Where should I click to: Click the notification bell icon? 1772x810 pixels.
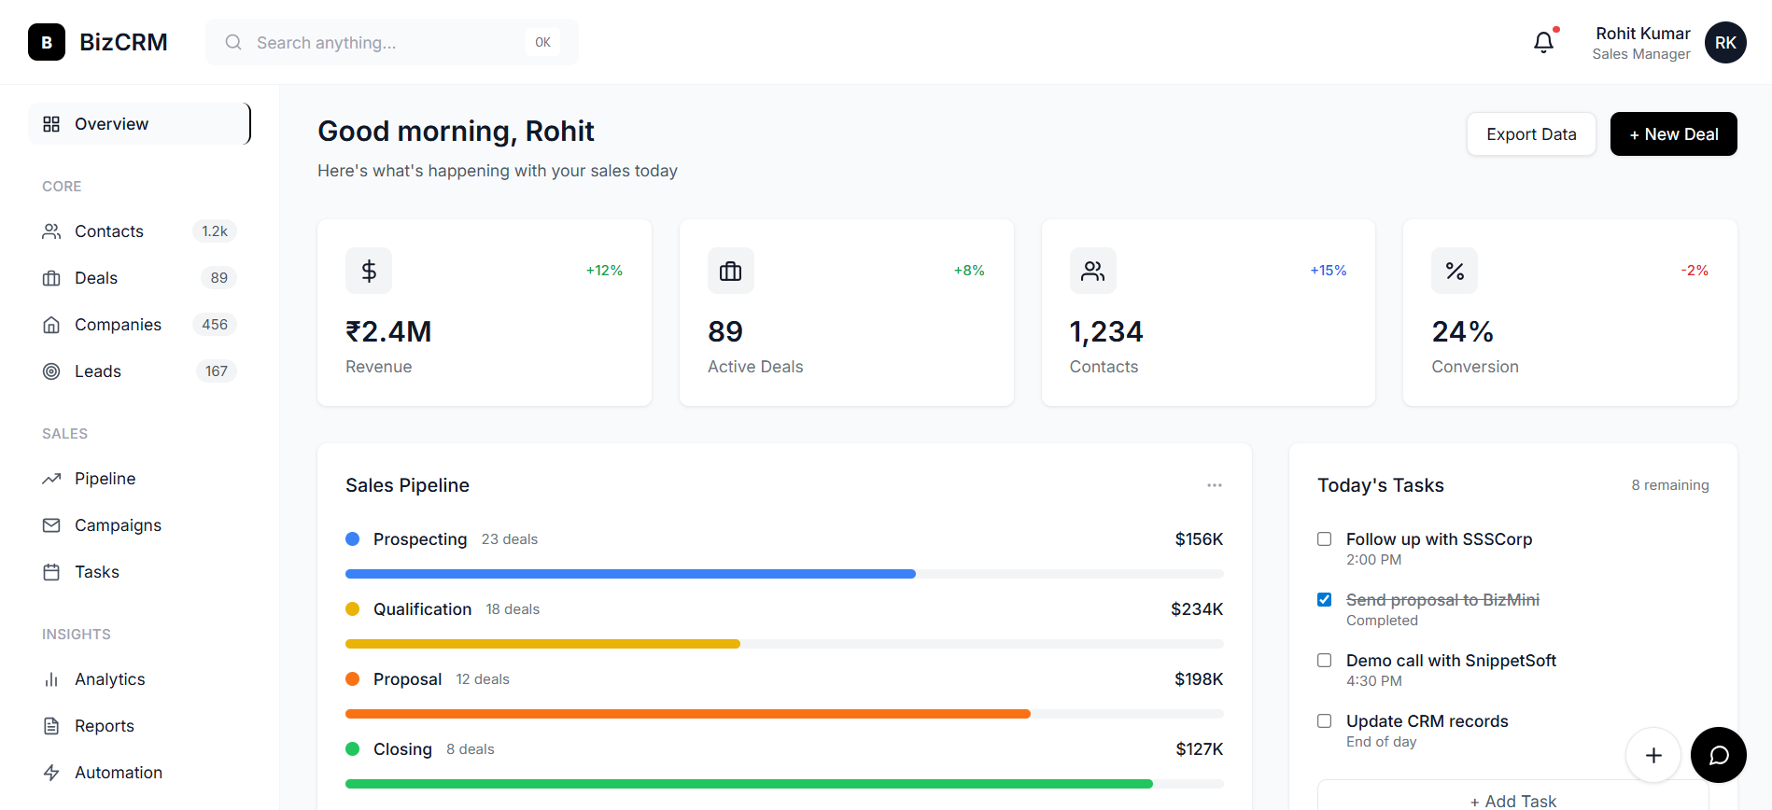pos(1543,42)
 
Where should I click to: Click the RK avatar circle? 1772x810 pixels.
pos(1725,42)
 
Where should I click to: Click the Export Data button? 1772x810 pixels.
pos(1531,134)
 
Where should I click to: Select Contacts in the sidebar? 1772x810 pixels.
pos(109,231)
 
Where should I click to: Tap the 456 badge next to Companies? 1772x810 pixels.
pos(215,325)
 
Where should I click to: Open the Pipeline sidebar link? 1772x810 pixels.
pos(105,479)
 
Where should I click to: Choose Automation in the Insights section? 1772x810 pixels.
pos(119,773)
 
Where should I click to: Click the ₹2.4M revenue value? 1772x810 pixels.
pos(388,331)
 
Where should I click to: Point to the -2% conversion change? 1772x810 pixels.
pos(1695,271)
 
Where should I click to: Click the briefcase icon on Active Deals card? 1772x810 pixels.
pos(730,271)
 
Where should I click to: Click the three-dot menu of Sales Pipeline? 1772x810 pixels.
pos(1214,485)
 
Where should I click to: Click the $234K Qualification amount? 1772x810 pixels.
pos(1197,609)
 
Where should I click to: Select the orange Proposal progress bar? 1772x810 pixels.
pos(687,714)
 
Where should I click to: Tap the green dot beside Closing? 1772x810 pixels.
pos(353,748)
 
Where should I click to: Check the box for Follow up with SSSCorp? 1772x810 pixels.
pos(1324,539)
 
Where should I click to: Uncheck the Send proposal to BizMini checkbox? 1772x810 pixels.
pos(1324,600)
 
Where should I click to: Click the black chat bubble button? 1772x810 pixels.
pos(1718,755)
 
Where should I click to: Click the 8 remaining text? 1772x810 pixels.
pos(1669,485)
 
